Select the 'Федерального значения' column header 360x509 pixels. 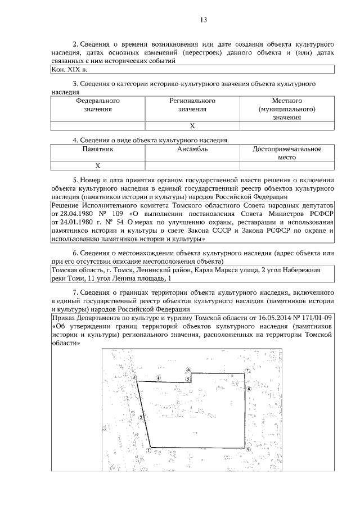pos(98,105)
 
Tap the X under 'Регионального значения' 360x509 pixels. pos(192,126)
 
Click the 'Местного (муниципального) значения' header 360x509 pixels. pos(287,109)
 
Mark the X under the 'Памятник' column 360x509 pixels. pos(98,166)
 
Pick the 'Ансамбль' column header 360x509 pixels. pos(192,150)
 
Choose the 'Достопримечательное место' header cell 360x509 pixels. pos(287,153)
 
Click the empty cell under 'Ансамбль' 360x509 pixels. pos(192,166)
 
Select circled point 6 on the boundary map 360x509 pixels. pos(188,370)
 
